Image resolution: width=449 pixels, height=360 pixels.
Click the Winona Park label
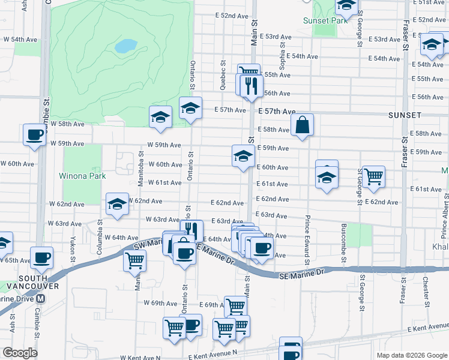pos(82,176)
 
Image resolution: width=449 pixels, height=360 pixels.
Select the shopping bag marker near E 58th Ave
pos(303,125)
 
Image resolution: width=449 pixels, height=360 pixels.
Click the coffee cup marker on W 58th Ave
pos(34,134)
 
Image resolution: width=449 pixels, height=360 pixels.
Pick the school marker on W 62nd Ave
pos(117,203)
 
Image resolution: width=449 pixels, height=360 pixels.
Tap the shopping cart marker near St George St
pos(373,176)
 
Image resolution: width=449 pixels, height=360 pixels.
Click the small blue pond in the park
pos(125,46)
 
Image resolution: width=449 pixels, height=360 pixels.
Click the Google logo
pos(20,353)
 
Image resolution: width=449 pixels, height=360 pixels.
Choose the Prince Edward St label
pos(307,240)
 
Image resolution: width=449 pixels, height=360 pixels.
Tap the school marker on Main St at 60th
pos(243,156)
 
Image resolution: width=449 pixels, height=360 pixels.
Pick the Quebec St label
pos(223,75)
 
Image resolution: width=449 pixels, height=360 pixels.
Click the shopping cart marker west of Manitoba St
pos(134,260)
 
